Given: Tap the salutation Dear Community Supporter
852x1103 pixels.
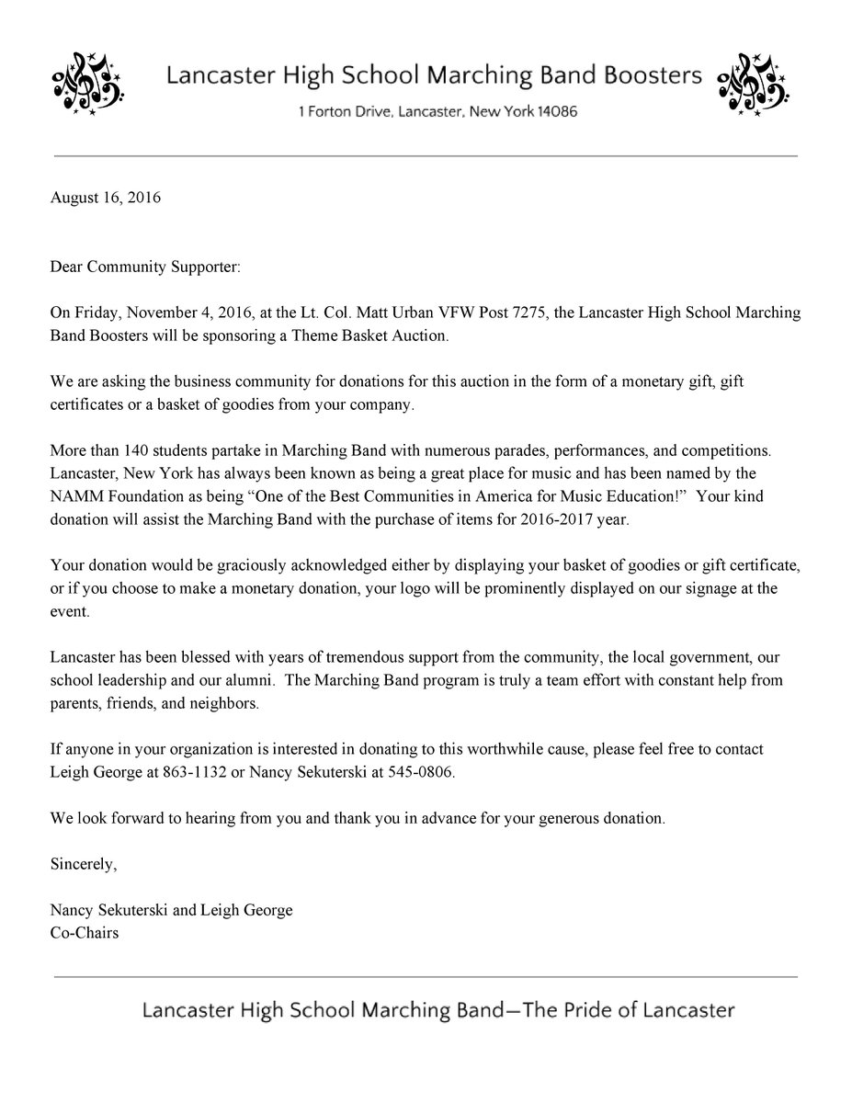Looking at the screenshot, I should [144, 267].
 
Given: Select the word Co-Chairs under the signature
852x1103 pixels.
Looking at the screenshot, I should [85, 932].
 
